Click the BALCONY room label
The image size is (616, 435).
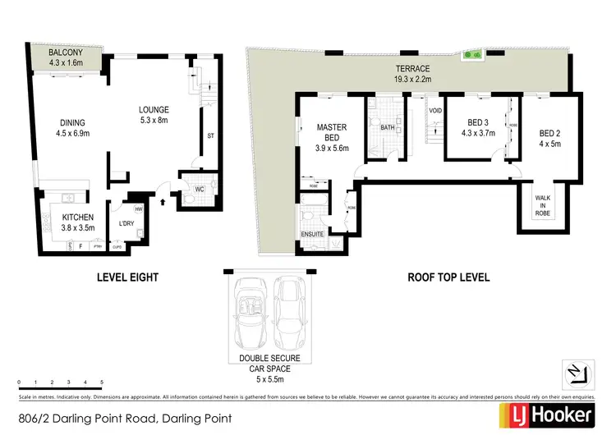coord(66,53)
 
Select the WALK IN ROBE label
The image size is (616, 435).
coord(543,205)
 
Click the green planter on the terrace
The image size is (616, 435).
coord(473,55)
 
